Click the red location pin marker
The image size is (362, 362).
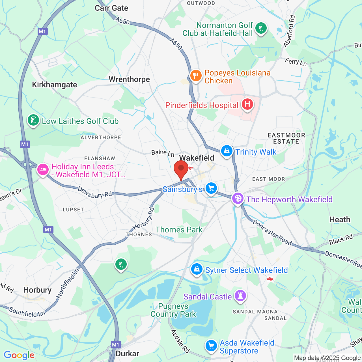click(x=181, y=169)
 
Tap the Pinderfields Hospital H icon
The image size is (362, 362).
click(x=247, y=104)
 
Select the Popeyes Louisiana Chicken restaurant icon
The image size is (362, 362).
click(x=196, y=76)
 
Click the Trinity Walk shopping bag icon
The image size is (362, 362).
click(x=227, y=151)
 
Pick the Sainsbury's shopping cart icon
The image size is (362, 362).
click(x=211, y=188)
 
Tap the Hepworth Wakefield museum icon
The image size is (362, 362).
click(x=238, y=199)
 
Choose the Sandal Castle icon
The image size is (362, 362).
click(x=240, y=296)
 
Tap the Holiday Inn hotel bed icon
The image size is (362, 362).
click(x=43, y=170)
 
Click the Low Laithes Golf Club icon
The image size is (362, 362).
click(x=33, y=120)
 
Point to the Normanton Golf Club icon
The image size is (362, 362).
click(x=261, y=28)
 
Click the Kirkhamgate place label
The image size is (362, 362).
click(x=55, y=85)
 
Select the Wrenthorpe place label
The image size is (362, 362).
click(x=129, y=79)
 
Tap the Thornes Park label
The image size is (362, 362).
click(x=179, y=230)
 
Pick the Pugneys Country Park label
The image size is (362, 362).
click(x=173, y=310)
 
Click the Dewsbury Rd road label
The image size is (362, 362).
click(x=95, y=192)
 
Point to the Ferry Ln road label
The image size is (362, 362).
click(x=296, y=62)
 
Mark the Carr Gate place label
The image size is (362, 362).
click(x=111, y=8)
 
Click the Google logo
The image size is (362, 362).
click(x=19, y=355)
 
